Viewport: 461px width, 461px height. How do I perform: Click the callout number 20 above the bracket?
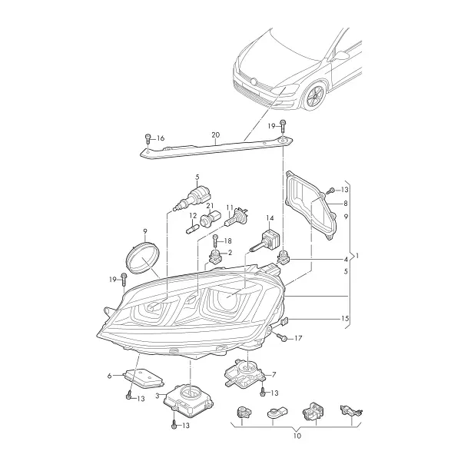click(215, 135)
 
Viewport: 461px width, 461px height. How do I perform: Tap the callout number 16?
click(161, 138)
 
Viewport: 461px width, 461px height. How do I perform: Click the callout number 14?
click(270, 218)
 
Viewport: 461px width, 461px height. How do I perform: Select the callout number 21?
click(210, 205)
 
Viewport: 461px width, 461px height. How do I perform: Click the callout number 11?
click(230, 208)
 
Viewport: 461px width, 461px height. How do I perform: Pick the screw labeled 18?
click(216, 241)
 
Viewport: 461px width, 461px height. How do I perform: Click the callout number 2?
click(230, 252)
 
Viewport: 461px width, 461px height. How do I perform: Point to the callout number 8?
click(346, 203)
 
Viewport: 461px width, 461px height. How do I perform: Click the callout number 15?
click(345, 318)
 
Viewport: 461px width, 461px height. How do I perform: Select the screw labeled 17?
click(281, 337)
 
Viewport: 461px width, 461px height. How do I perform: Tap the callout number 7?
click(274, 375)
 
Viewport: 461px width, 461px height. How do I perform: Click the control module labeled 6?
click(144, 377)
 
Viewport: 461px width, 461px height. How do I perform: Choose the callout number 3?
click(158, 396)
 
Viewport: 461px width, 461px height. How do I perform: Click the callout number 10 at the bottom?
click(297, 436)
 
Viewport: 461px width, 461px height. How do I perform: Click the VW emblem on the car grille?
click(254, 81)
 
